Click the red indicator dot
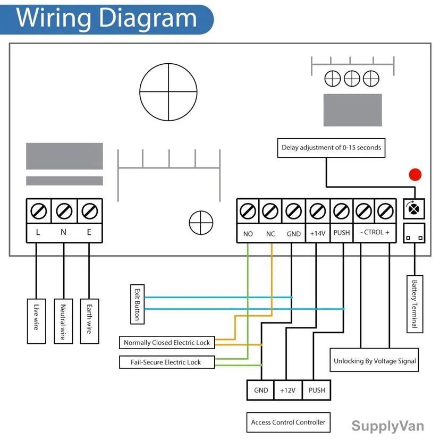[x=415, y=174]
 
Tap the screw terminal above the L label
[x=39, y=211]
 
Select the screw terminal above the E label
[x=89, y=211]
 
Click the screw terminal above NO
[x=248, y=211]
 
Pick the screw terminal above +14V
[x=318, y=211]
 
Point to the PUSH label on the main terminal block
[x=342, y=233]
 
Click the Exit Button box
[x=138, y=304]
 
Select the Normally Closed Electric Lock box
[x=167, y=342]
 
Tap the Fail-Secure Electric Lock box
[x=167, y=362]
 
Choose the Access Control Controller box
[x=288, y=422]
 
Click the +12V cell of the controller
[x=288, y=390]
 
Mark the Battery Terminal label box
[x=414, y=304]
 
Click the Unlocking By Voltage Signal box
[x=374, y=360]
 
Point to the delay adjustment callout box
[x=331, y=148]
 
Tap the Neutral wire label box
[x=63, y=321]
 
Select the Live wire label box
[x=37, y=321]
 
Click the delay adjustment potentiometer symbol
[x=414, y=209]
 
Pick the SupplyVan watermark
[x=387, y=426]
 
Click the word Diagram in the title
[x=148, y=18]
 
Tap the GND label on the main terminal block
[x=293, y=234]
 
